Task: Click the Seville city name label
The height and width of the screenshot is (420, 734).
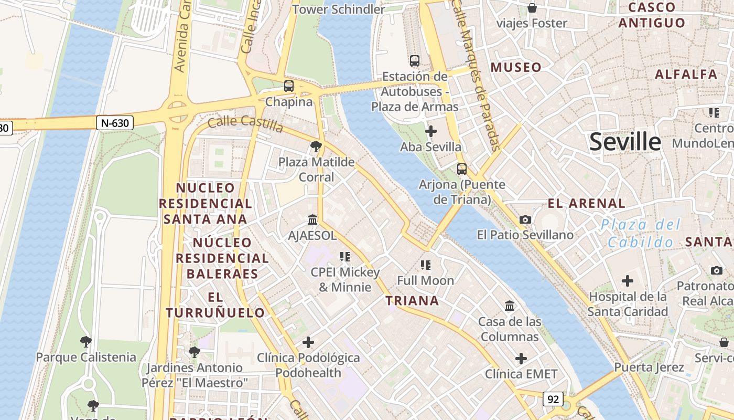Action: coord(625,142)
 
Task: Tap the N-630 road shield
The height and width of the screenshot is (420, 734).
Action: coord(115,123)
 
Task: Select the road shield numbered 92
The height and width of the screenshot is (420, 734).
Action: coord(553,399)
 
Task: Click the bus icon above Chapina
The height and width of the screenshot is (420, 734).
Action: coord(289,86)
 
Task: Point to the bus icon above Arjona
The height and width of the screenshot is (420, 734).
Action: coord(462,169)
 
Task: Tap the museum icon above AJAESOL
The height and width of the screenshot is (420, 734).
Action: coord(312,219)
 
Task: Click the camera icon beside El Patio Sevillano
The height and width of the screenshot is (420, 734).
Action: coord(525,219)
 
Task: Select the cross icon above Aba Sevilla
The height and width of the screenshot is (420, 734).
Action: coord(431,131)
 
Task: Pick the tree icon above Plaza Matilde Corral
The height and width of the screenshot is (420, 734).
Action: coord(316,146)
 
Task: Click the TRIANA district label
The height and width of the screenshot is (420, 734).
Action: coord(412,301)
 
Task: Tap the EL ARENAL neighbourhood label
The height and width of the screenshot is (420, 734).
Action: coord(586,203)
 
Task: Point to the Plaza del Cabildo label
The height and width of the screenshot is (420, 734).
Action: coord(641,234)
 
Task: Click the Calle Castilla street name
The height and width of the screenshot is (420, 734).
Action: coord(245,124)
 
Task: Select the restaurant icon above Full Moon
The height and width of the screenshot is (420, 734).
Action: coord(425,265)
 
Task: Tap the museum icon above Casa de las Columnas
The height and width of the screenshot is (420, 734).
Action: coord(509,306)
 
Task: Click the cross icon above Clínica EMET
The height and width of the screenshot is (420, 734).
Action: coord(521,359)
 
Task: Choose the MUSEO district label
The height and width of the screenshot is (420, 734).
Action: coord(515,67)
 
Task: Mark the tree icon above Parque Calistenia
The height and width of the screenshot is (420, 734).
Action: coord(86,342)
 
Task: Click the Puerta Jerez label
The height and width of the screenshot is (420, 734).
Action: coord(649,367)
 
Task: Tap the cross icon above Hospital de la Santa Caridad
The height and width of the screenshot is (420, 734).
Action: coord(628,281)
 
